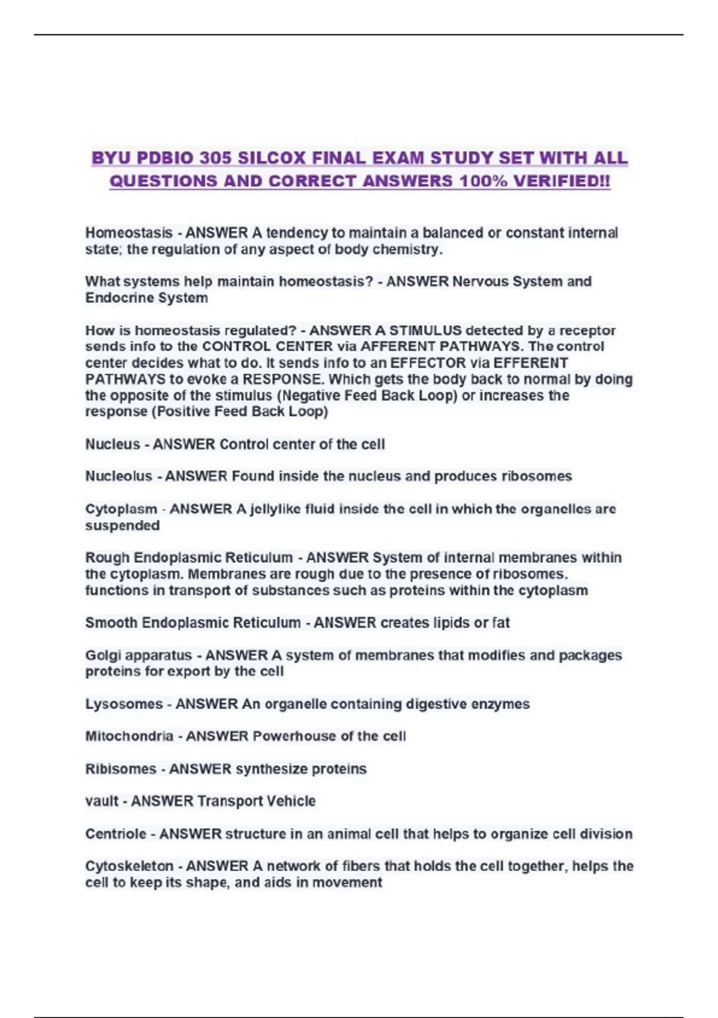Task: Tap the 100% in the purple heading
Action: [x=482, y=181]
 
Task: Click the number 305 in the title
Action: [x=215, y=158]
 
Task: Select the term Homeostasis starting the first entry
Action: [x=129, y=233]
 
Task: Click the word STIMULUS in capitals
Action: [x=425, y=331]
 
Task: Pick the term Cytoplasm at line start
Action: [x=121, y=509]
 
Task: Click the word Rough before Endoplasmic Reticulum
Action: [x=107, y=558]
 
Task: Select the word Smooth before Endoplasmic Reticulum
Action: [x=111, y=623]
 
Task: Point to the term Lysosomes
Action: [x=124, y=704]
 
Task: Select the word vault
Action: [x=102, y=801]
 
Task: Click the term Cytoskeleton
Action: [x=129, y=866]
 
